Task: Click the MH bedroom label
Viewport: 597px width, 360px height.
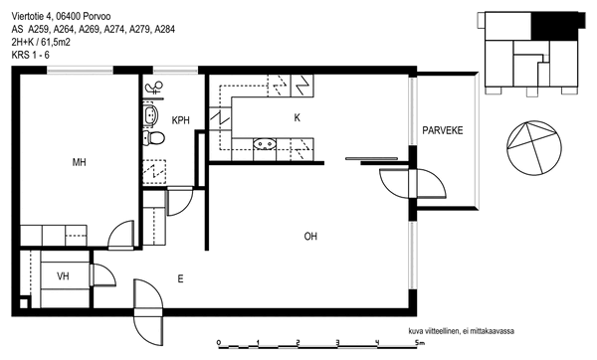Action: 80,162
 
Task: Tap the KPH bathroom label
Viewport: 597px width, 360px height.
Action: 180,120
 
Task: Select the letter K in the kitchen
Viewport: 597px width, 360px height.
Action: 297,118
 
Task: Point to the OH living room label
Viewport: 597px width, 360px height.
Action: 310,237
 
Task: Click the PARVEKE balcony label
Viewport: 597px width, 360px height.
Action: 443,130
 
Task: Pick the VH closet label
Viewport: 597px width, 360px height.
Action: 64,275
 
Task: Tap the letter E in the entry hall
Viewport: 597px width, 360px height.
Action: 180,278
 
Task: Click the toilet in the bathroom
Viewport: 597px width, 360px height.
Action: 154,138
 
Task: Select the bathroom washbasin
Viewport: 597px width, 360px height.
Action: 150,115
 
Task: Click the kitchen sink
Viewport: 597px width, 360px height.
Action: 265,144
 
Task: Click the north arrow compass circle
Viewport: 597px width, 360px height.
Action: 534,148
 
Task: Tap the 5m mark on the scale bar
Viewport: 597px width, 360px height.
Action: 420,343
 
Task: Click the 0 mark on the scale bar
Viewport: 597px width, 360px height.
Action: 219,342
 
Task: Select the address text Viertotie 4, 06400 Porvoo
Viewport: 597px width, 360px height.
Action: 62,16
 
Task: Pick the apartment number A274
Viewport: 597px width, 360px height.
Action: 114,29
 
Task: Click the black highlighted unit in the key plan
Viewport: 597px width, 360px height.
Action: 558,25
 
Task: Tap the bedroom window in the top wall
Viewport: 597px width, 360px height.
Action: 80,70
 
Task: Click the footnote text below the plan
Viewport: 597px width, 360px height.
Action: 461,331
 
